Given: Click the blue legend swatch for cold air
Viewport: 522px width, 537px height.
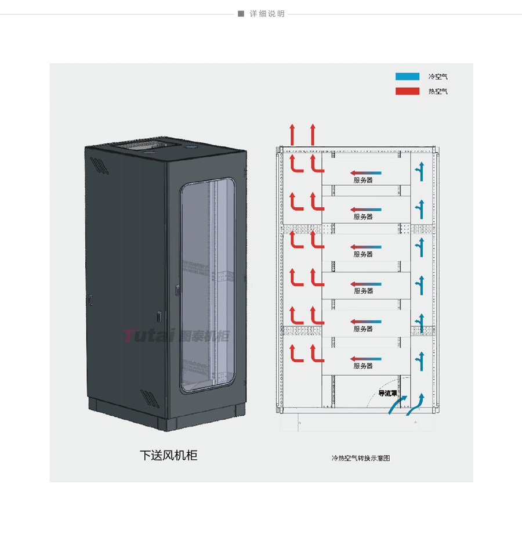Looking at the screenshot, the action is tap(407, 77).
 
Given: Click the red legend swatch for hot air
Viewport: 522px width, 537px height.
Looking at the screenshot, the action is tap(407, 91).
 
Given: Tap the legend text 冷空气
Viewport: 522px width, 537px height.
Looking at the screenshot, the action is tap(438, 77).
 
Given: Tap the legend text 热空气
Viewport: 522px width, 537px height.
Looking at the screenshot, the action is tap(438, 91).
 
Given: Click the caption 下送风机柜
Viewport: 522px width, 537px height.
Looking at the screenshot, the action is tap(169, 455).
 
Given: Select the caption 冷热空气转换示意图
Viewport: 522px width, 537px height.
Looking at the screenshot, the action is tap(361, 458).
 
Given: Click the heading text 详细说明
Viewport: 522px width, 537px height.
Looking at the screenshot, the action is tap(267, 14).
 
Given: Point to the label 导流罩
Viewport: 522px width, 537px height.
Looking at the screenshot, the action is tap(387, 394).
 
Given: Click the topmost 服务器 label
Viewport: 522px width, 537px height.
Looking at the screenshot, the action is tap(363, 180).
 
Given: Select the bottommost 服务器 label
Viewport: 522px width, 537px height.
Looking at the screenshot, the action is tap(363, 366).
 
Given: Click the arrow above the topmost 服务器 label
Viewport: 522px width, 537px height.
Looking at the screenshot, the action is tap(365, 173).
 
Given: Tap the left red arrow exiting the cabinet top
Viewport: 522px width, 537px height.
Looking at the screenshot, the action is tap(292, 134).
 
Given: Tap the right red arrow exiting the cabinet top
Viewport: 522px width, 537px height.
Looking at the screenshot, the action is tap(313, 134).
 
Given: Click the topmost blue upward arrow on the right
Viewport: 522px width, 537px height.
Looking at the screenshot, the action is tap(420, 171).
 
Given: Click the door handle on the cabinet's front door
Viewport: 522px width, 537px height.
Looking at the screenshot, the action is tap(177, 290).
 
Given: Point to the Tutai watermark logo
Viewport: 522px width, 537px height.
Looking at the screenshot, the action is tap(176, 336).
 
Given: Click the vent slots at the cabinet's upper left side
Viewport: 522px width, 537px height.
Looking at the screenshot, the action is tap(99, 166).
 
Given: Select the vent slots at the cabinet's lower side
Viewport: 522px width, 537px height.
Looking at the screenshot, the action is tap(150, 398).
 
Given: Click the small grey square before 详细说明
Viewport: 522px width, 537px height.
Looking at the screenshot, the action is tap(241, 14).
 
